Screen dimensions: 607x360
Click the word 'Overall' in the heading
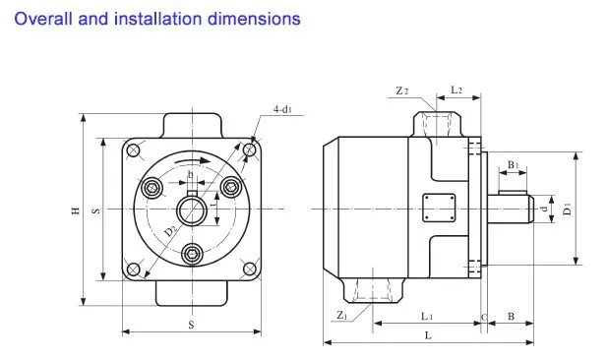tap(43, 19)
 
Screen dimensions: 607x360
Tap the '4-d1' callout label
tap(282, 109)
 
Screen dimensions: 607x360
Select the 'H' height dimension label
tap(76, 210)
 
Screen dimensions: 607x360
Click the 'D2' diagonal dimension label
tap(171, 231)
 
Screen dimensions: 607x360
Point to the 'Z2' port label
tap(401, 90)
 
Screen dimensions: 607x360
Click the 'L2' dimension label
tap(456, 90)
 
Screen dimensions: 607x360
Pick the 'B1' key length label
tap(513, 165)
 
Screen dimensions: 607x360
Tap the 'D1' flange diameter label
tap(567, 210)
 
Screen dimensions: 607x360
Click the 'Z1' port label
tap(342, 315)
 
